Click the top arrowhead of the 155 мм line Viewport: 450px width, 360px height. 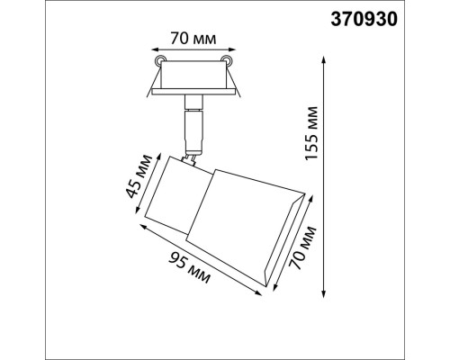(x=324, y=57)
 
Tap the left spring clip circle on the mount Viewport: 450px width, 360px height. (x=160, y=60)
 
